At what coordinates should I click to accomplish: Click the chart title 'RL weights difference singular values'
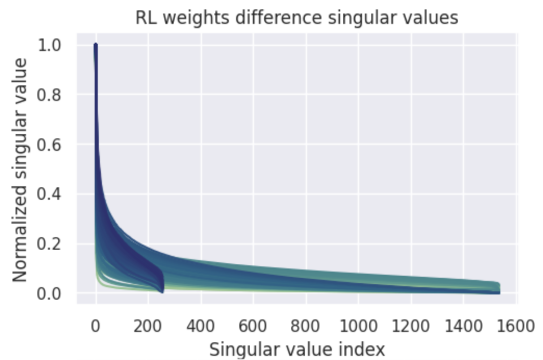pyautogui.click(x=296, y=17)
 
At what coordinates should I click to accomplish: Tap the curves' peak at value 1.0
pyautogui.click(x=96, y=46)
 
